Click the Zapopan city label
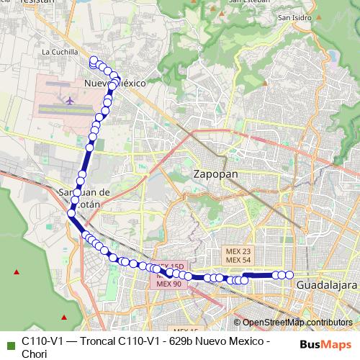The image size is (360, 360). pyautogui.click(x=216, y=174)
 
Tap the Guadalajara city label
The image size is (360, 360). pyautogui.click(x=323, y=286)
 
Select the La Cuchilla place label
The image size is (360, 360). pyautogui.click(x=59, y=52)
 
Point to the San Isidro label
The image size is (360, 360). pyautogui.click(x=294, y=17)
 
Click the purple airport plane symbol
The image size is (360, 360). pyautogui.click(x=69, y=99)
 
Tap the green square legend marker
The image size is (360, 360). pyautogui.click(x=9, y=341)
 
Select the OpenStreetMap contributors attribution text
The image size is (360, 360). pyautogui.click(x=297, y=323)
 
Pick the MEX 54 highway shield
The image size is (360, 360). pyautogui.click(x=238, y=260)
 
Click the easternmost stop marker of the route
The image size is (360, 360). pyautogui.click(x=289, y=274)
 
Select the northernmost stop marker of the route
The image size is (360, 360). pyautogui.click(x=93, y=60)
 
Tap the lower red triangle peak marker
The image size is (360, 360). pyautogui.click(x=64, y=316)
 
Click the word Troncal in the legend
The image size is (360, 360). pyautogui.click(x=98, y=341)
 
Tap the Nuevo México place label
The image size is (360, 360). pyautogui.click(x=115, y=84)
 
